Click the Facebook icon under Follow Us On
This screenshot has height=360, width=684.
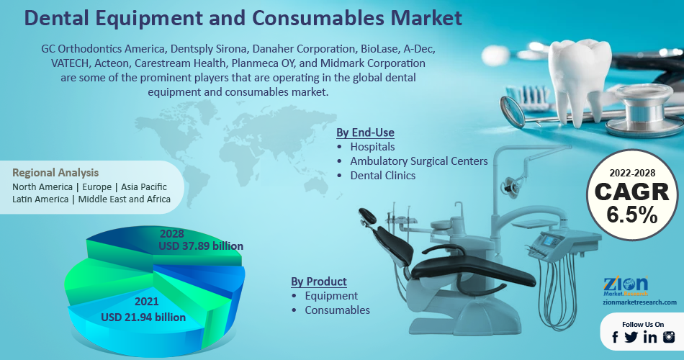click(x=615, y=337)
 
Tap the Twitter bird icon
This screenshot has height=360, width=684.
click(x=631, y=337)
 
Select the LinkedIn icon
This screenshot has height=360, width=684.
click(x=650, y=337)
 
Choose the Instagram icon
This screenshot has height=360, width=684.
click(x=669, y=337)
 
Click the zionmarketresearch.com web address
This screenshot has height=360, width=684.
click(x=640, y=302)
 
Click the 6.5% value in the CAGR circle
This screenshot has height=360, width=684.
click(x=631, y=215)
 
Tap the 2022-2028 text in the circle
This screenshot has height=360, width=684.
click(x=632, y=174)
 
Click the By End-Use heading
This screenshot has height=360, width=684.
click(x=366, y=132)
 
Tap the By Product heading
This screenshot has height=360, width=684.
click(x=319, y=282)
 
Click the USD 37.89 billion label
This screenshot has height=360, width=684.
click(x=201, y=246)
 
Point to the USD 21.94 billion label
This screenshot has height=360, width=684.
click(x=143, y=318)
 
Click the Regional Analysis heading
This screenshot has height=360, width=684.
click(x=55, y=173)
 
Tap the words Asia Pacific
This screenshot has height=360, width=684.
click(x=144, y=186)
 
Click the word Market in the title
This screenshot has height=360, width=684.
click(x=426, y=18)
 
